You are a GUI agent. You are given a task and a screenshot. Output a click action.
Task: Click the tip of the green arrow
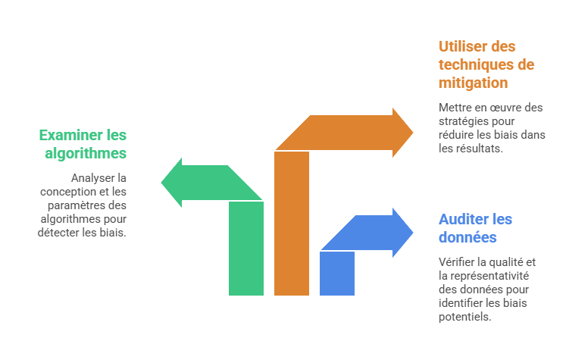162,183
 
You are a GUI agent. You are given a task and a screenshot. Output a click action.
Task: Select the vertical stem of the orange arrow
292,227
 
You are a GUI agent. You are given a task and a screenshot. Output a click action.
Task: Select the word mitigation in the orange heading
473,83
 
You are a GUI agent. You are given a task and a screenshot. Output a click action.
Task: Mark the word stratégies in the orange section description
462,121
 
